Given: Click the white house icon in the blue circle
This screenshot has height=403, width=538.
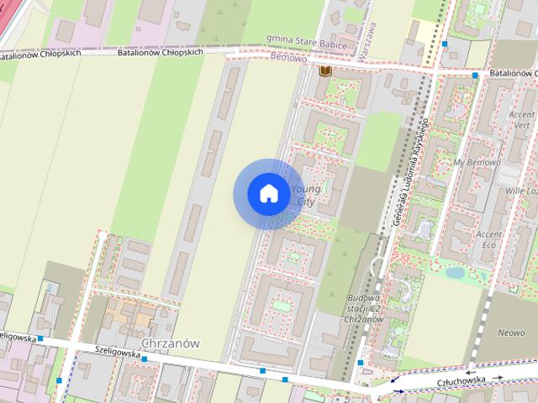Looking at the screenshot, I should tap(268, 194).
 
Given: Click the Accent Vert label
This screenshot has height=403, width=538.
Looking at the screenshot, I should tap(522, 119).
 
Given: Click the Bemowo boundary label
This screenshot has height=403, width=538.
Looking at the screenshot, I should tap(291, 58).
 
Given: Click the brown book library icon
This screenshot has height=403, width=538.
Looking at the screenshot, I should tap(324, 71).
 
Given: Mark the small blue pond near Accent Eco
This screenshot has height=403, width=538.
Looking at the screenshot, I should tap(454, 272).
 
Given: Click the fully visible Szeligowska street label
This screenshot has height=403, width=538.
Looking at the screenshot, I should tap(117, 353).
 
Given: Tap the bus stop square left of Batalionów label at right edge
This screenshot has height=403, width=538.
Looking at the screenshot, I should tap(475, 76).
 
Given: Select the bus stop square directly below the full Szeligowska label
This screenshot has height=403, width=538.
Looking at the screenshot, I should tap(145, 359).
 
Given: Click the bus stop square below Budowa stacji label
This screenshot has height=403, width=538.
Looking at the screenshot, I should tap(361, 363).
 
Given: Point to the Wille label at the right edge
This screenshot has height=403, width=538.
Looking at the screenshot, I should tap(522, 191).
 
